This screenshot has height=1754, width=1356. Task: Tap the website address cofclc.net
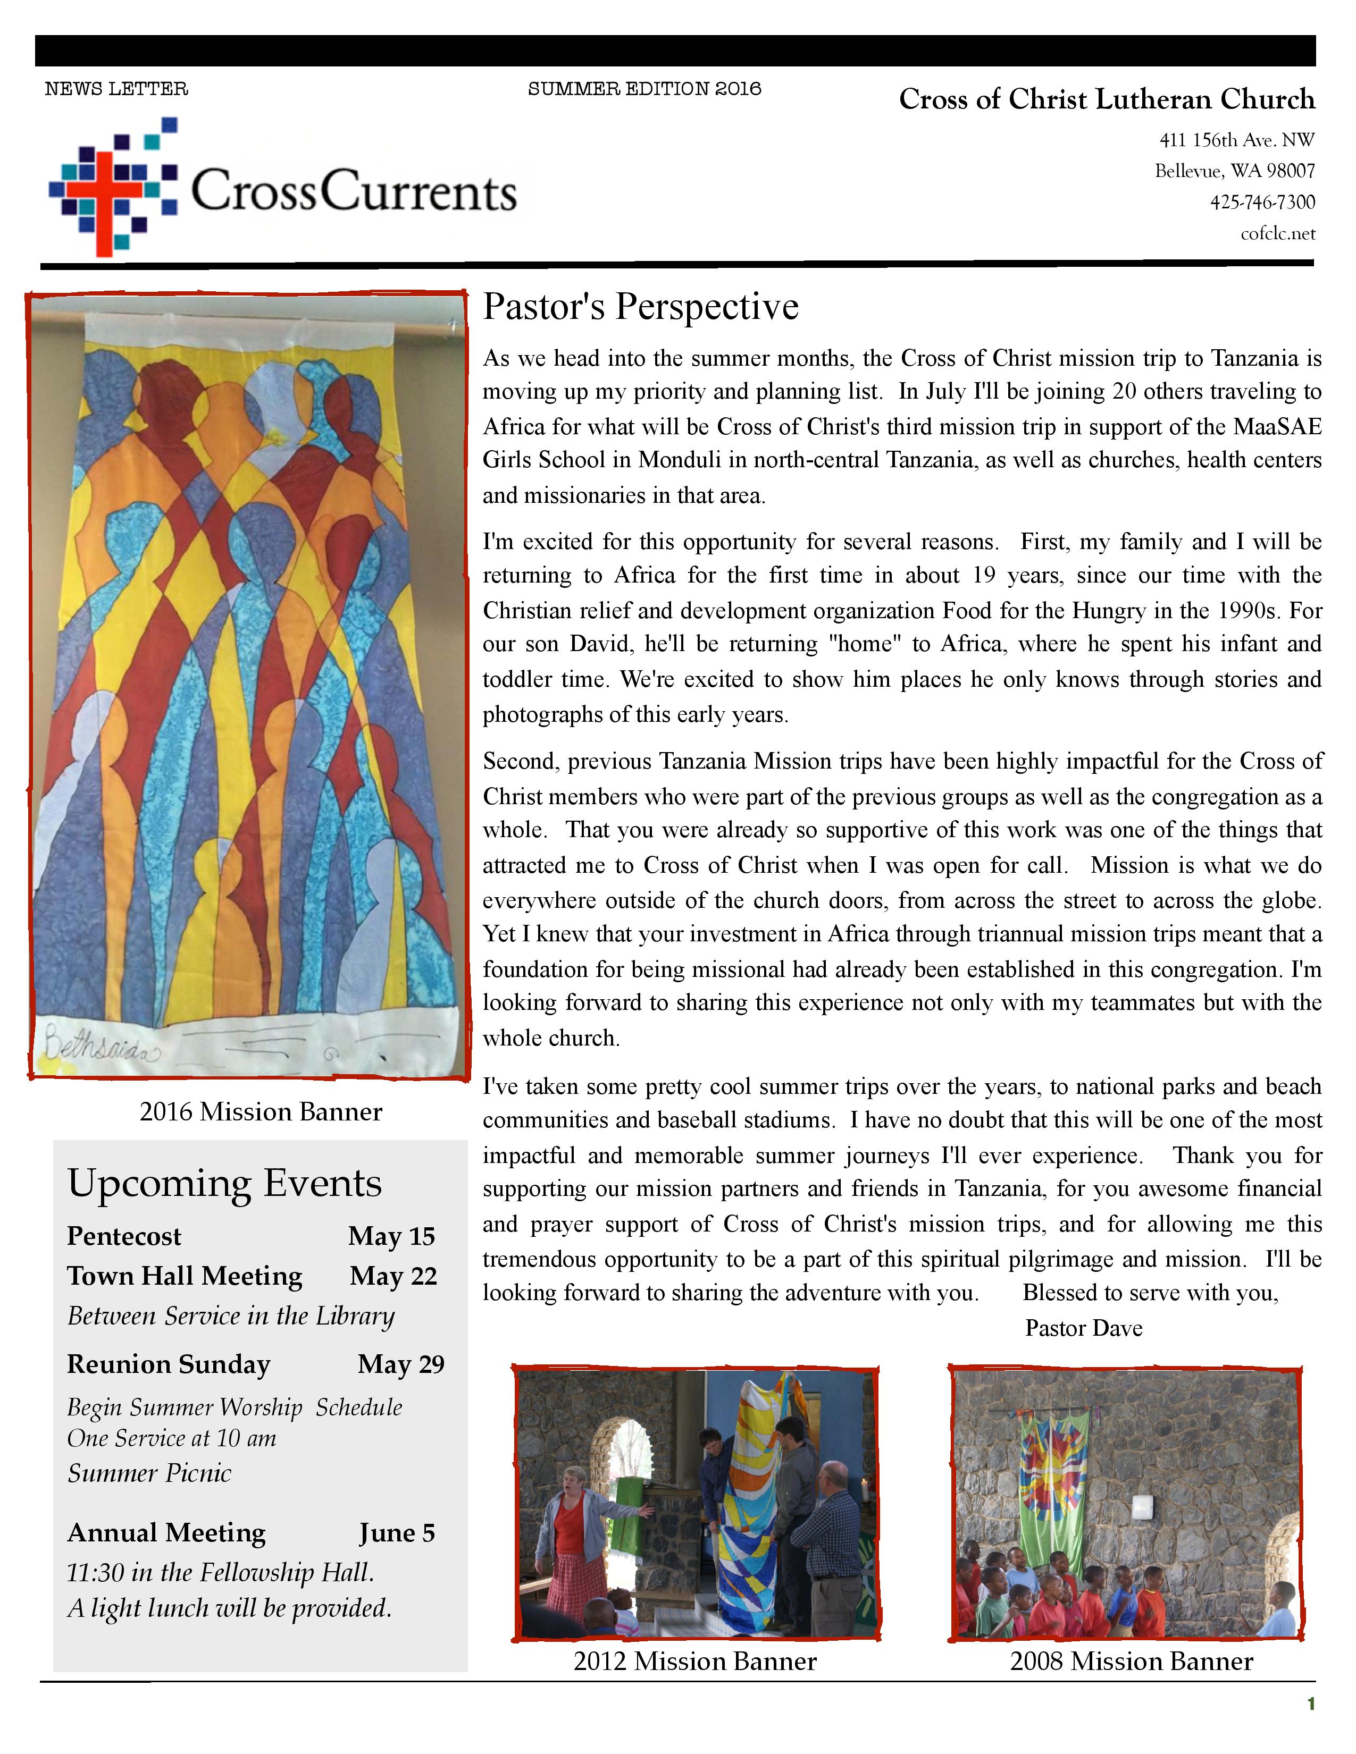click(x=1277, y=234)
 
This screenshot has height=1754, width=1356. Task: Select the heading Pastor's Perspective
click(x=640, y=307)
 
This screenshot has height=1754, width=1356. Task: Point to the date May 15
click(x=391, y=1236)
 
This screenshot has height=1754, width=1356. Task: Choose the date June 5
click(x=397, y=1532)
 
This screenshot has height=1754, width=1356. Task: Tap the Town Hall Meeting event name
click(x=185, y=1276)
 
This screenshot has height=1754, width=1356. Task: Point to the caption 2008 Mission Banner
click(x=1131, y=1661)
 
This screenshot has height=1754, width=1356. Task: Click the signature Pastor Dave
click(x=1083, y=1328)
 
